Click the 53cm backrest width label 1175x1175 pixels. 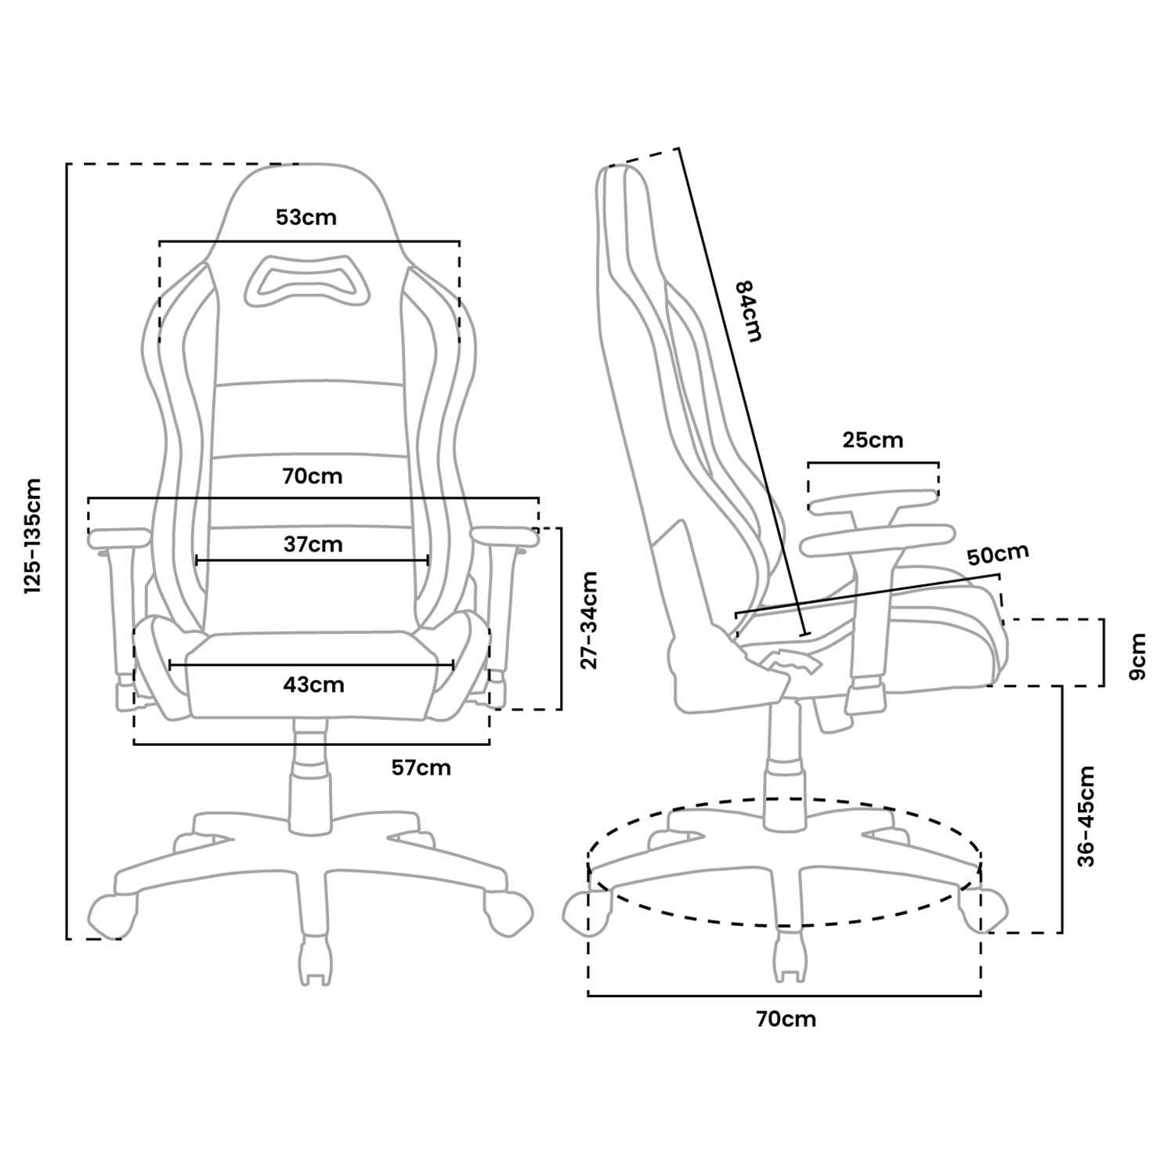[x=306, y=217]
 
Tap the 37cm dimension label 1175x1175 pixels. [x=313, y=544]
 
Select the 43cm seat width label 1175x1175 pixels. [x=313, y=685]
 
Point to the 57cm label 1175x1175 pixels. [x=421, y=768]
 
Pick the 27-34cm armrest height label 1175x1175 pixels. [x=589, y=620]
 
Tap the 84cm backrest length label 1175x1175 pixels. [x=747, y=311]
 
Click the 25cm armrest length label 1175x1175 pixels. [x=873, y=440]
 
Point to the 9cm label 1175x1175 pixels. [x=1137, y=656]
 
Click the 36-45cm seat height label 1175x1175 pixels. [x=1086, y=816]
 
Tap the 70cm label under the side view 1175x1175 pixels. [x=786, y=1019]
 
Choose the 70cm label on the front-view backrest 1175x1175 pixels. [x=313, y=476]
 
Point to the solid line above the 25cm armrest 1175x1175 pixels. [x=873, y=463]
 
